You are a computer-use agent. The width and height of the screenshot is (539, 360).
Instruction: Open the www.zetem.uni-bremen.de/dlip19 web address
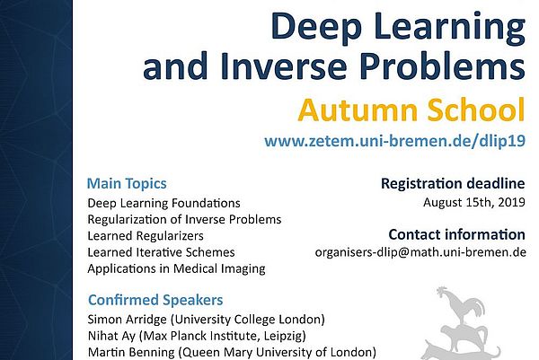[x=393, y=141]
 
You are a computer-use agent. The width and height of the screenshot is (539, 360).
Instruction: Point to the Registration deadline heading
[x=454, y=184]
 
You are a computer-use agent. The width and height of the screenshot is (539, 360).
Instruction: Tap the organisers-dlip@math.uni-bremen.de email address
[x=420, y=252]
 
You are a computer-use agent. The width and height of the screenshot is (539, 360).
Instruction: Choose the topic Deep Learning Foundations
[x=163, y=203]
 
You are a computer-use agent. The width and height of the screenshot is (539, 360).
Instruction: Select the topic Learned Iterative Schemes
[x=161, y=252]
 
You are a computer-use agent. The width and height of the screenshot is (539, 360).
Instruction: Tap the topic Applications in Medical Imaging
[x=176, y=268]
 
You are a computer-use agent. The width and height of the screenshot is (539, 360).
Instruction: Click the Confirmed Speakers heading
[x=155, y=300]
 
